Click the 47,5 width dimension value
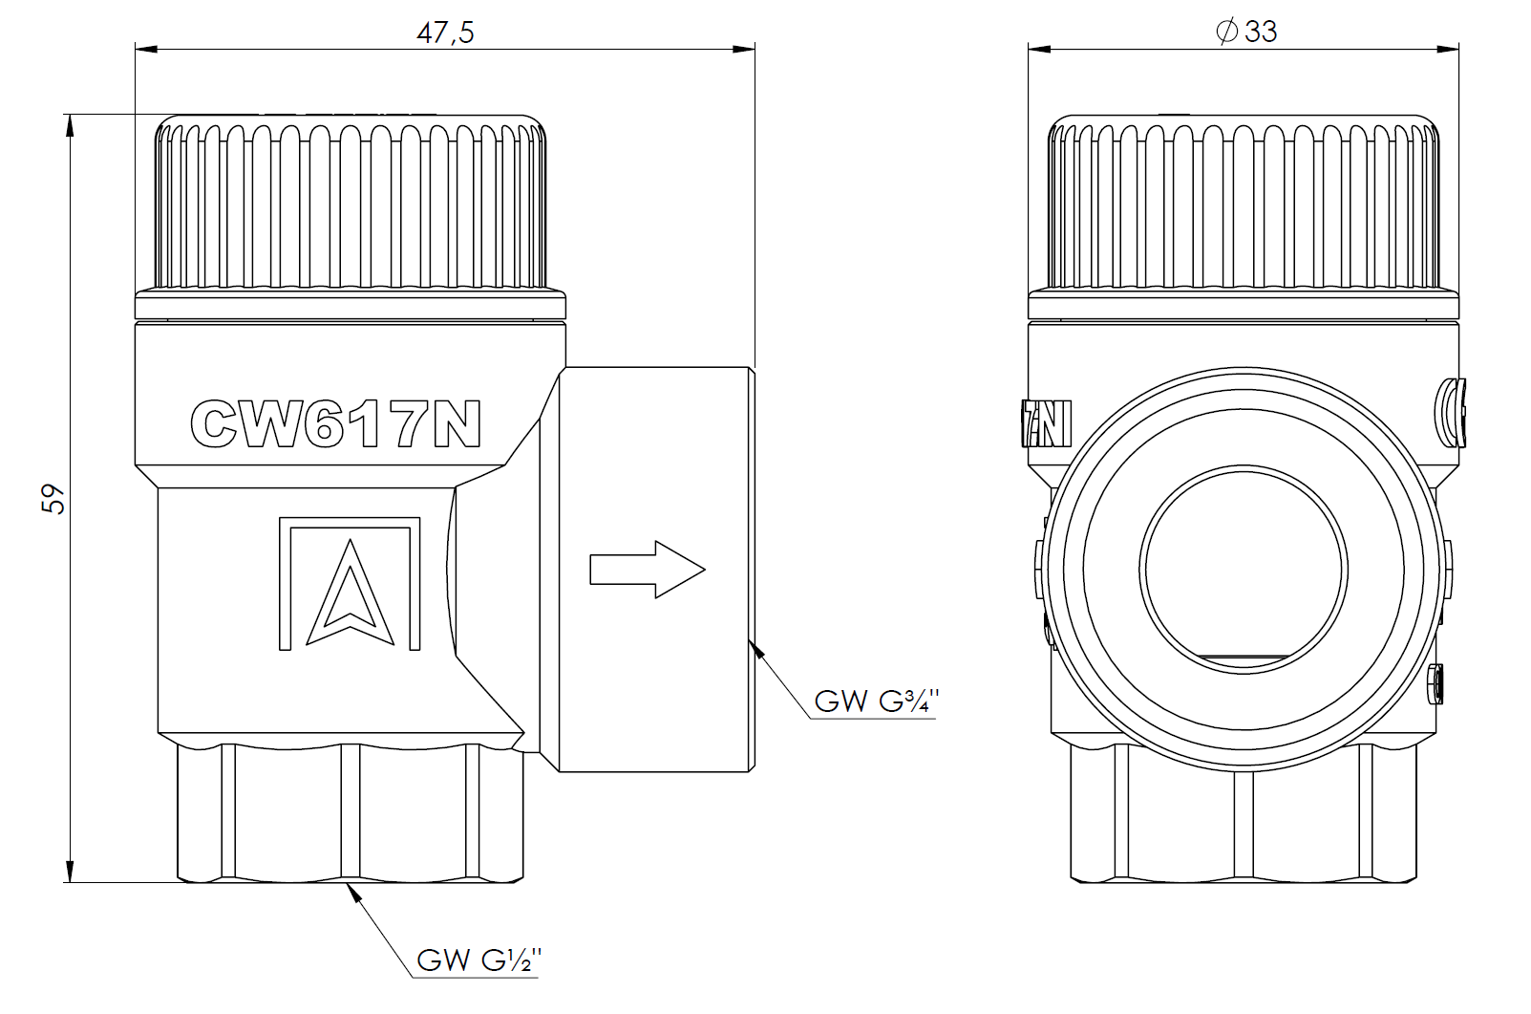[445, 32]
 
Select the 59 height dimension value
[54, 498]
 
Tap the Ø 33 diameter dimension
[1246, 32]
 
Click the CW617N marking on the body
[335, 424]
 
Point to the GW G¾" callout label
[876, 701]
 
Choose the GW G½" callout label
[479, 959]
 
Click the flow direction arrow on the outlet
[648, 570]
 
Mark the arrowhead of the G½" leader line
[353, 892]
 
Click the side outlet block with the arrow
[655, 570]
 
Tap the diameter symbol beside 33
[1227, 32]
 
